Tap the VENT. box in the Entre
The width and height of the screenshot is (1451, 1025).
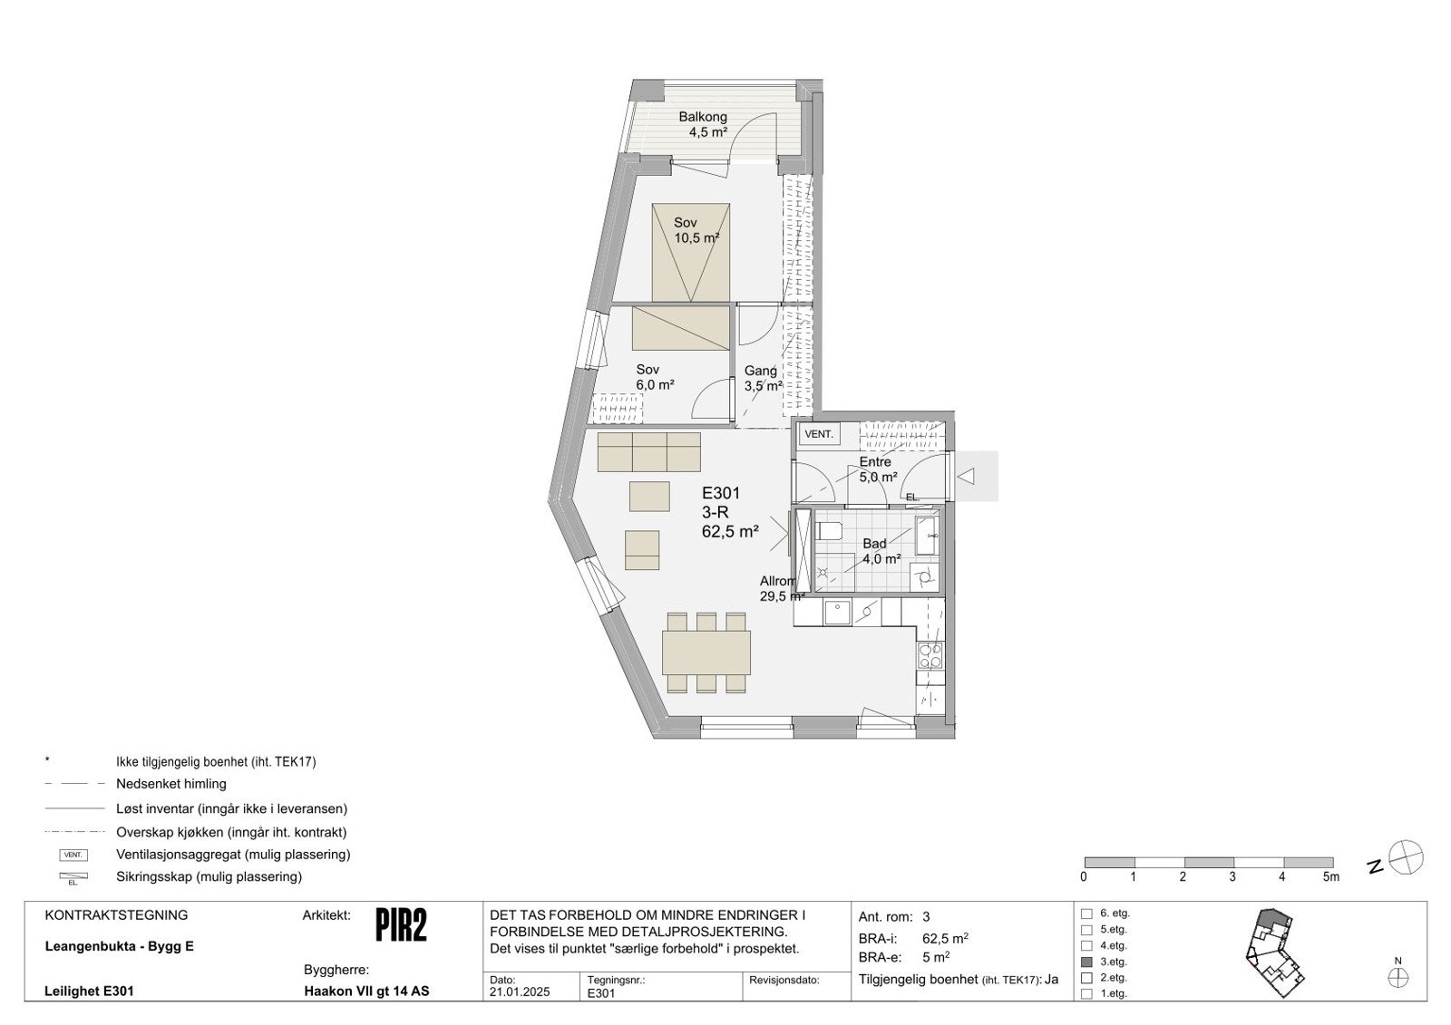click(x=819, y=435)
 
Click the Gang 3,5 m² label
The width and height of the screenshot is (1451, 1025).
click(x=762, y=378)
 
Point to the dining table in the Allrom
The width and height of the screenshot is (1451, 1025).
click(x=706, y=652)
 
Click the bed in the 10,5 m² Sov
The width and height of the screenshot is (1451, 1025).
click(x=691, y=252)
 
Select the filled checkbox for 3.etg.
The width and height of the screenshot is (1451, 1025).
click(x=1086, y=962)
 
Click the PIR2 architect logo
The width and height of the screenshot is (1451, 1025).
click(x=401, y=925)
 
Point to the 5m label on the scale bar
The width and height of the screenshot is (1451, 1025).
click(x=1330, y=877)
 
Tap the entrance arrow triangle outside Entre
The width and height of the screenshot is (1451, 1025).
click(x=967, y=476)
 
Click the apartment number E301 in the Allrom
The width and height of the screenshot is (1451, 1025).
click(x=721, y=494)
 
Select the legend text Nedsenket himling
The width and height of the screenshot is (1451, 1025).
click(x=171, y=784)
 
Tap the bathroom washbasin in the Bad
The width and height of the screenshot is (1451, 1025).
click(x=925, y=536)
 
